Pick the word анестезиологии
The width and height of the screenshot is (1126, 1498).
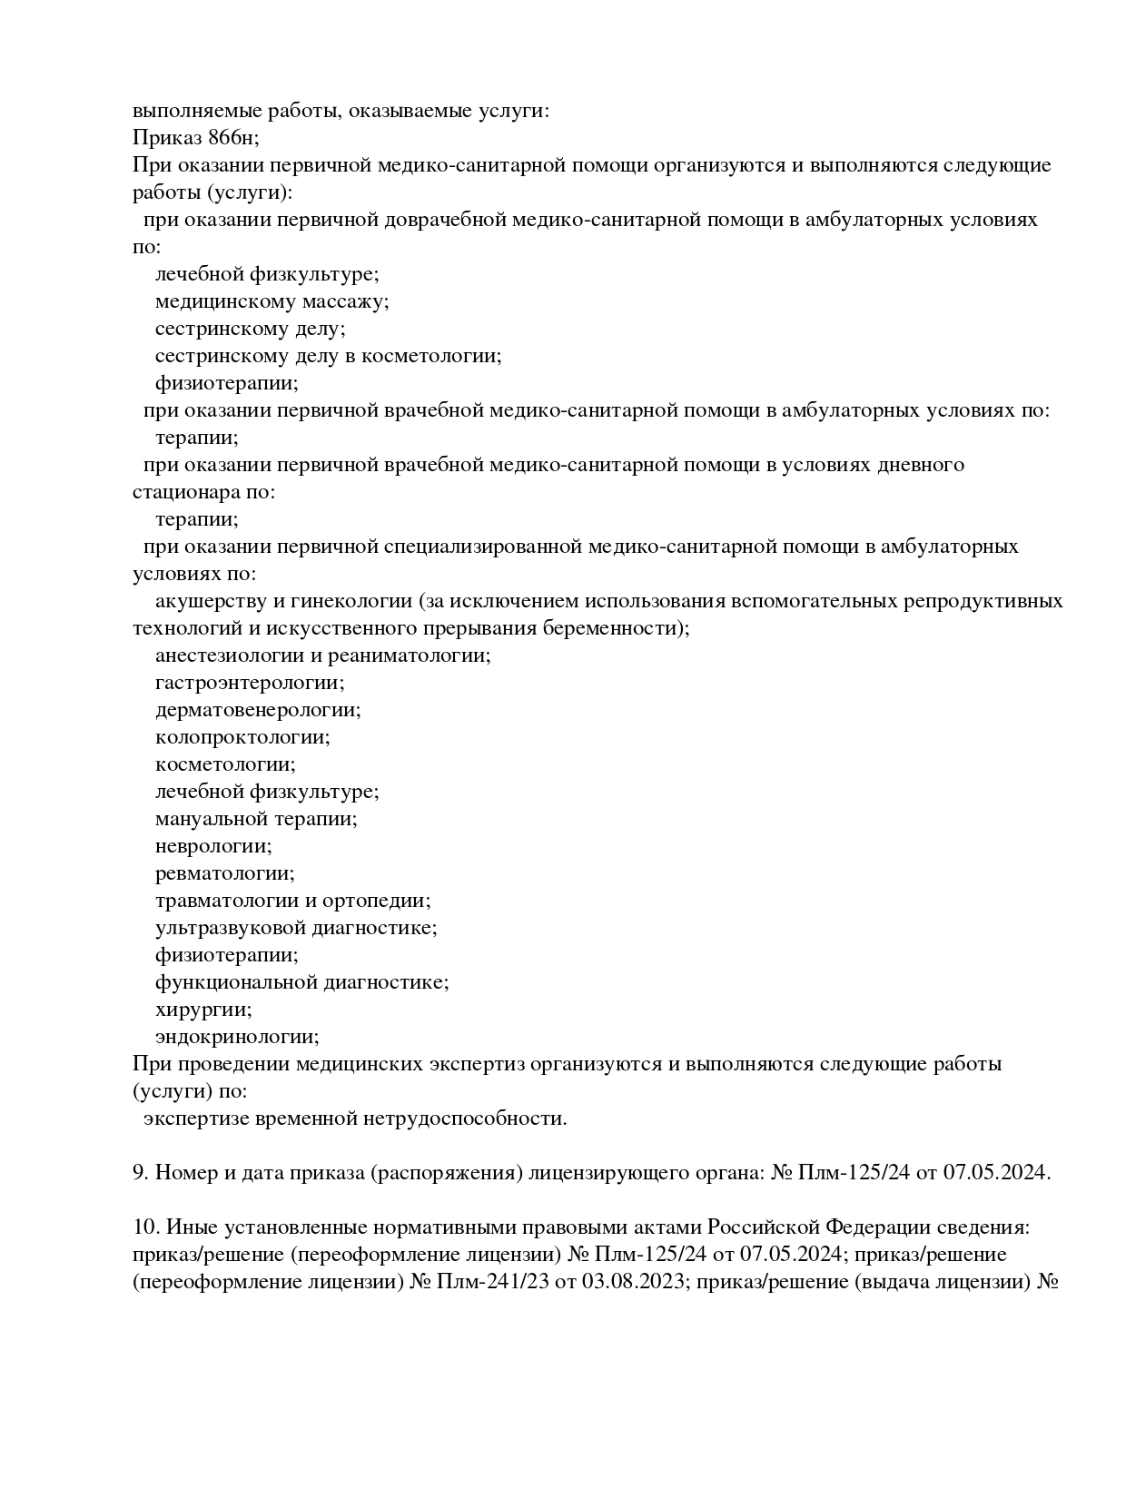[227, 655]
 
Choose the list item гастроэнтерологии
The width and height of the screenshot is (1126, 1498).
[250, 683]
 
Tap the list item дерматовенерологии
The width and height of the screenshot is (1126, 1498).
[258, 710]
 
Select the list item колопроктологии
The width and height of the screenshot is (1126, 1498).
[242, 737]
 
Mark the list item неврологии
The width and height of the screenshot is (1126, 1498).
[213, 846]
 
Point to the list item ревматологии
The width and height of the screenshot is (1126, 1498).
[225, 873]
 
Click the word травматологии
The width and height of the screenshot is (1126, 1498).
[227, 901]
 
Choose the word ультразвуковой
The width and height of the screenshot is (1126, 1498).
[231, 928]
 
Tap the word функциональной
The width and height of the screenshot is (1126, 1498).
[237, 982]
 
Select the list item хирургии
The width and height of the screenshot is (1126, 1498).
[203, 1010]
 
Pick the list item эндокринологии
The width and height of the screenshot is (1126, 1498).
[237, 1037]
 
